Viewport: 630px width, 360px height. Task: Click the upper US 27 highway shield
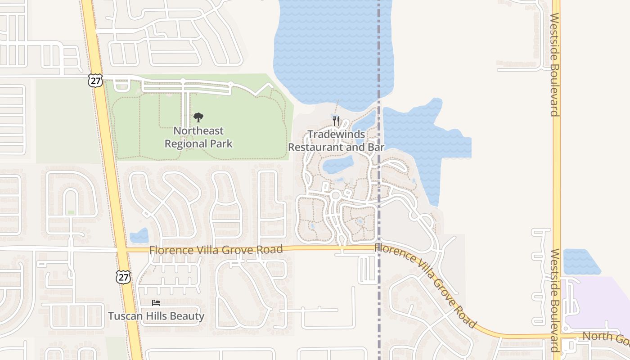95,81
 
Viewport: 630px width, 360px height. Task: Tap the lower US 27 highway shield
123,276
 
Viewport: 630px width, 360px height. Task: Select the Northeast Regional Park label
198,137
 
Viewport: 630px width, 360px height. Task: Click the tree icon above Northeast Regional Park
198,118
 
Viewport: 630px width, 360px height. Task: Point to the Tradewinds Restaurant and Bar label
336,141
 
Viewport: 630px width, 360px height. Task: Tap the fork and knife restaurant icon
336,121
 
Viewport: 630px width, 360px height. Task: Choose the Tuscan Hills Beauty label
156,316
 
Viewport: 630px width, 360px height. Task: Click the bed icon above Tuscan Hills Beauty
156,302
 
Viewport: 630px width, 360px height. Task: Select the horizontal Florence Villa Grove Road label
216,249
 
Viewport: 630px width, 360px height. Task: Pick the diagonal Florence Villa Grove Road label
425,284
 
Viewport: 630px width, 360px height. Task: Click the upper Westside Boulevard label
554,64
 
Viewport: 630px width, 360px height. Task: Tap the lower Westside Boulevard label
554,300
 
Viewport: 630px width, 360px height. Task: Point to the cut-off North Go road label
605,336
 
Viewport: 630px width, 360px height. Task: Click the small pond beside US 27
139,236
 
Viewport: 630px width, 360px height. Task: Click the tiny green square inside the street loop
71,212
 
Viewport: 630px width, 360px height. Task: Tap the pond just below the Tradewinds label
338,165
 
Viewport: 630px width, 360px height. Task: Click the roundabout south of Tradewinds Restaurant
335,195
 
